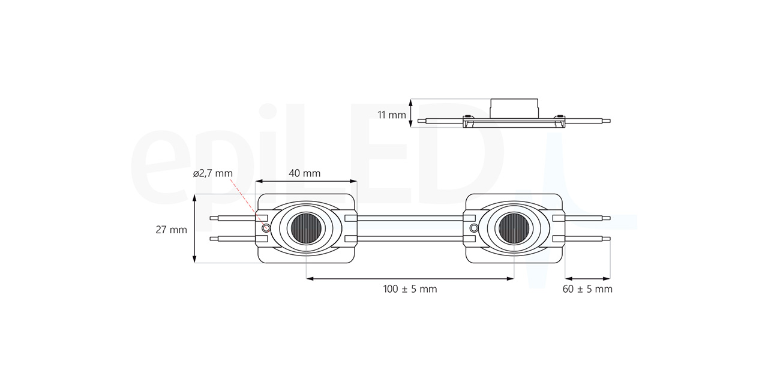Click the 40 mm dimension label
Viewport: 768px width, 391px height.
coord(304,173)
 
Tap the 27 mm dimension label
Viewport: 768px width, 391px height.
coord(172,230)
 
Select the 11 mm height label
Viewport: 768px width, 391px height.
coord(392,115)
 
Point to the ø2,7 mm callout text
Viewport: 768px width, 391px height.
coord(212,173)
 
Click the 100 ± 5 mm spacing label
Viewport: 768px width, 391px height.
coord(410,289)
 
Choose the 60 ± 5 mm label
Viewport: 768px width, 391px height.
coord(587,289)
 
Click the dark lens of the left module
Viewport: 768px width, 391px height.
coord(306,228)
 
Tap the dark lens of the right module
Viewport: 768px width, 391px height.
coord(514,228)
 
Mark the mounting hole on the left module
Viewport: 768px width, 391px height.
coord(266,228)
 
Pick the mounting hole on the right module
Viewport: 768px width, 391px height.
coord(473,228)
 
